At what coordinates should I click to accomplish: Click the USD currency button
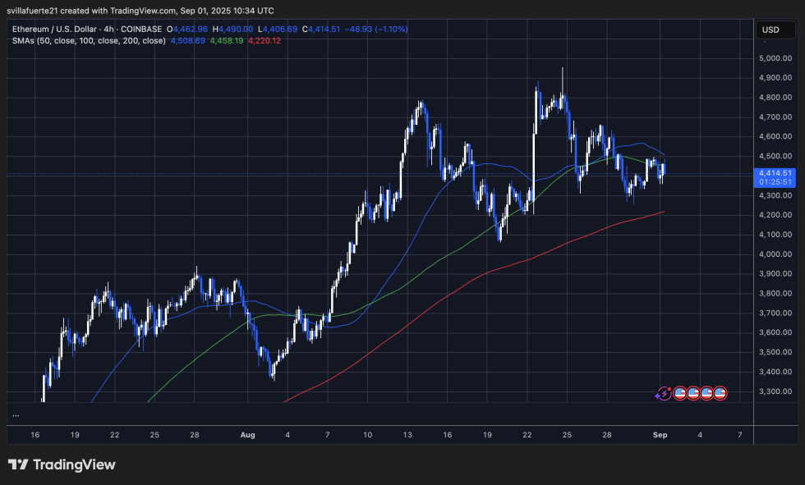click(x=770, y=30)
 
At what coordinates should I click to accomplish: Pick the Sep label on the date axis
click(x=661, y=434)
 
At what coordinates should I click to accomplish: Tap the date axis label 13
click(x=407, y=434)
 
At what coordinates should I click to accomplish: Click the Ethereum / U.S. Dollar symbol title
click(x=58, y=29)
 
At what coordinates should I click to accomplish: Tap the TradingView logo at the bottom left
click(x=62, y=464)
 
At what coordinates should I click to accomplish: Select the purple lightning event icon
click(x=663, y=393)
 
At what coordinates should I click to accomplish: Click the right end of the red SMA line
click(x=664, y=212)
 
